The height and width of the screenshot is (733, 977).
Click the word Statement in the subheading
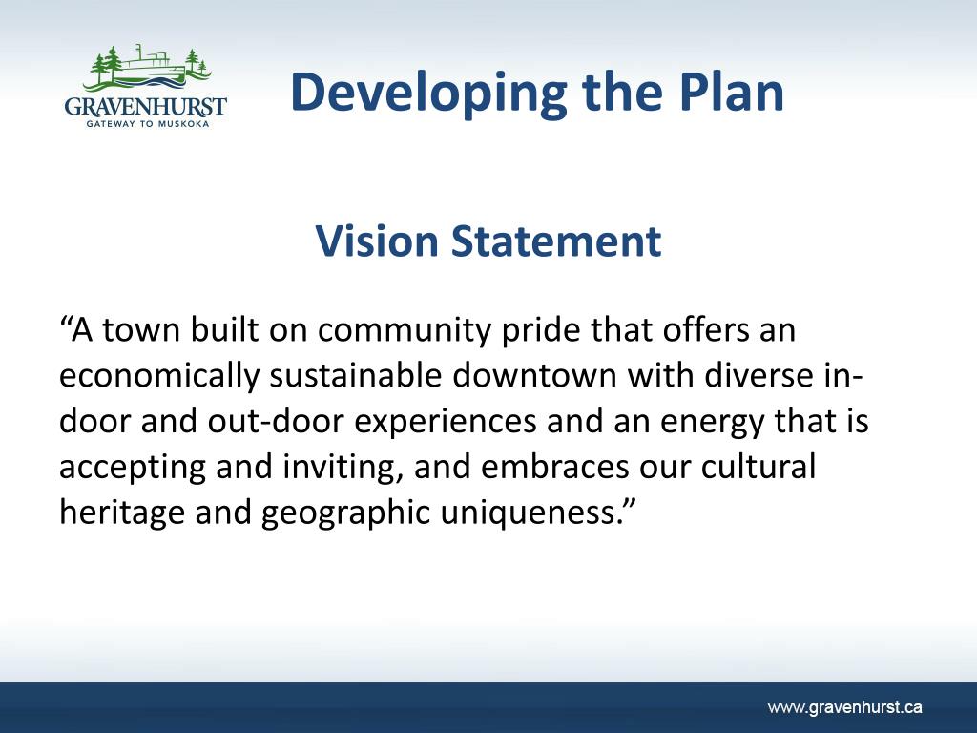pos(556,241)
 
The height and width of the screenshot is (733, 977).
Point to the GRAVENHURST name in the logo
pos(145,106)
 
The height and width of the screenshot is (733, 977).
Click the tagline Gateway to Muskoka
pos(148,124)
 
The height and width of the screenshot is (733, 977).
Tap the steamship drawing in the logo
pos(150,66)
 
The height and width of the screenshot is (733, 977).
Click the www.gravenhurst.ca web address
pos(845,707)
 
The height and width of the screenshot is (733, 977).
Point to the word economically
pos(159,376)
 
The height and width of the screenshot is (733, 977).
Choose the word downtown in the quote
pos(534,375)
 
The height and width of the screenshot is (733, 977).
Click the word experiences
pos(445,422)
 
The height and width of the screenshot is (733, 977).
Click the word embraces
pos(554,467)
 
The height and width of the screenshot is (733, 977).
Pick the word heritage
pos(122,513)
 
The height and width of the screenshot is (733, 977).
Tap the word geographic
pos(345,513)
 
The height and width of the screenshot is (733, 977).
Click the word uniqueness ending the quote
pos(529,513)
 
